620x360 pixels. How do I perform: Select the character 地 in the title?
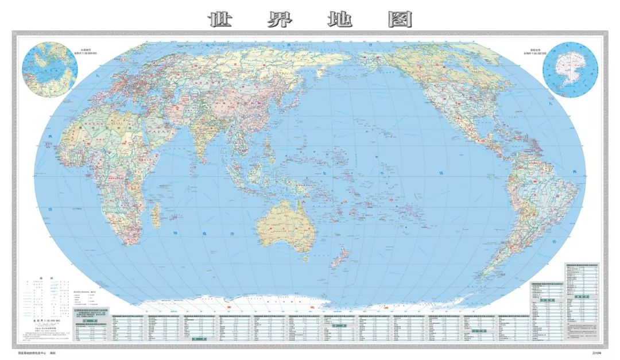340,20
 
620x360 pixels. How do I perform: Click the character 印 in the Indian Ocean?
174,234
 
